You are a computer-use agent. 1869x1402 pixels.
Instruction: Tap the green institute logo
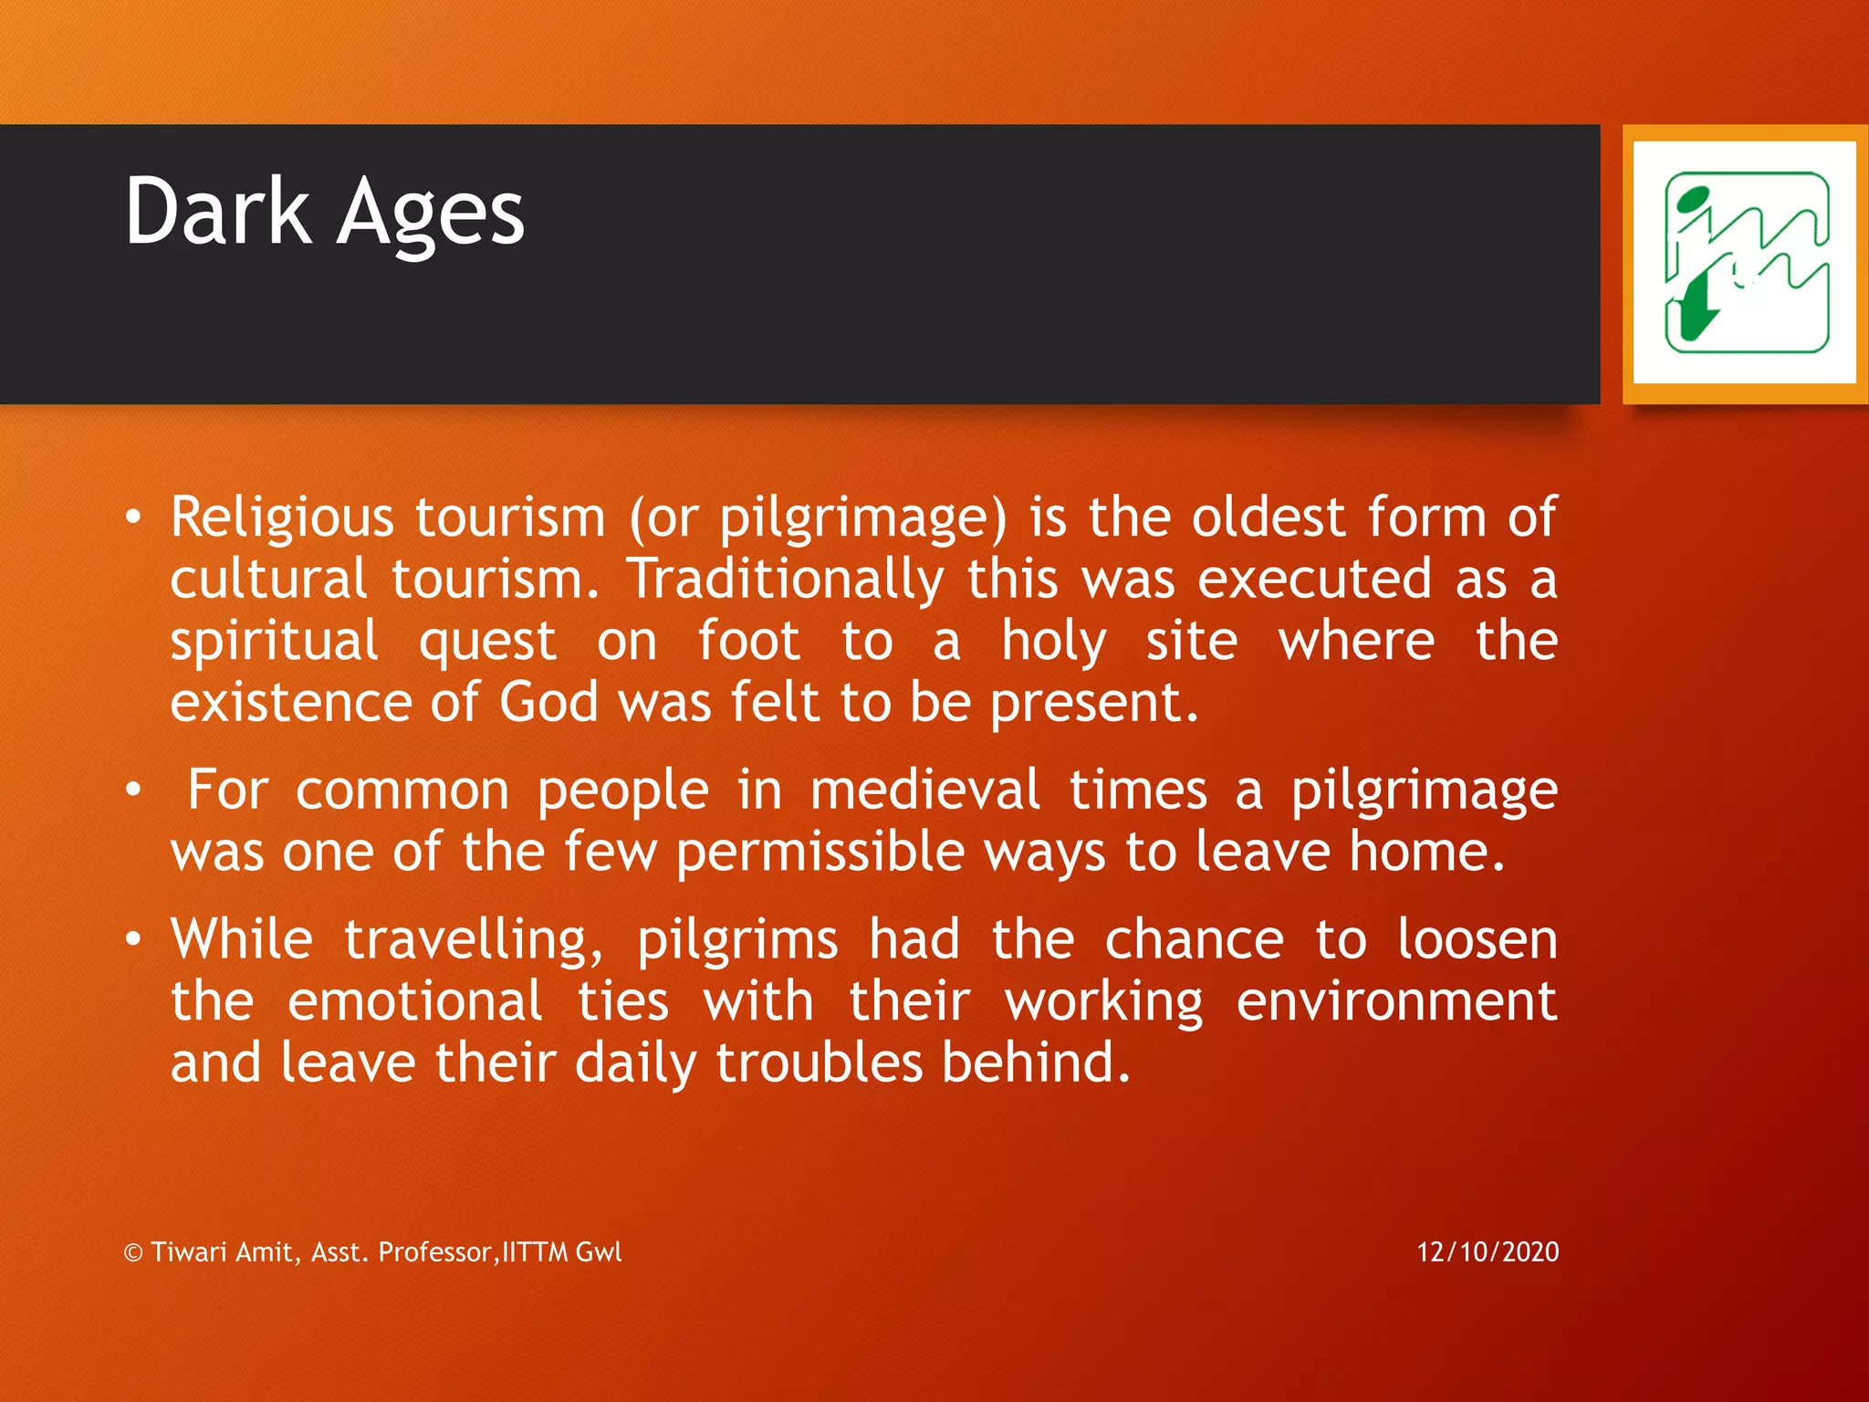coord(1746,263)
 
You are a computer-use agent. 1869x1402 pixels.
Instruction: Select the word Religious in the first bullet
coord(282,518)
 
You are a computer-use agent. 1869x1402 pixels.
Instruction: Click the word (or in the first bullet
coord(663,518)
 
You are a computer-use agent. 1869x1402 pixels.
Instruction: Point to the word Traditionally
coord(786,580)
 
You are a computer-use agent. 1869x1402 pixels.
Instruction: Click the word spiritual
coord(274,642)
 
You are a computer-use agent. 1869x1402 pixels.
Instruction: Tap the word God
coord(548,703)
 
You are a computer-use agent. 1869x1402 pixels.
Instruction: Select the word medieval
coord(924,790)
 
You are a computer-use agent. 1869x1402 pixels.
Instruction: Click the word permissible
coord(820,852)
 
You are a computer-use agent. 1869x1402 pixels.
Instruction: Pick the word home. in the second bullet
coord(1427,852)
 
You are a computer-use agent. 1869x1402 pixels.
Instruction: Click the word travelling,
coord(474,940)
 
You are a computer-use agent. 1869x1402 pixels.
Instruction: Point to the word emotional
coord(414,1001)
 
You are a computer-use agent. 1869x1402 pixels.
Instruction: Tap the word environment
coord(1396,1001)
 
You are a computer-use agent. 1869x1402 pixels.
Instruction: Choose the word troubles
coord(819,1063)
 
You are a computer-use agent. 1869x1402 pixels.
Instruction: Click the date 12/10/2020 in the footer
coord(1488,1251)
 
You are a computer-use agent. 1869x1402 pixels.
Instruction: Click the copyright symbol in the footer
coord(133,1252)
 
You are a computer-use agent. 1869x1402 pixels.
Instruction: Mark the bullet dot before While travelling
coord(133,939)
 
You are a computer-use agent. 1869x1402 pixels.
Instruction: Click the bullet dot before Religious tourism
coord(133,518)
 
